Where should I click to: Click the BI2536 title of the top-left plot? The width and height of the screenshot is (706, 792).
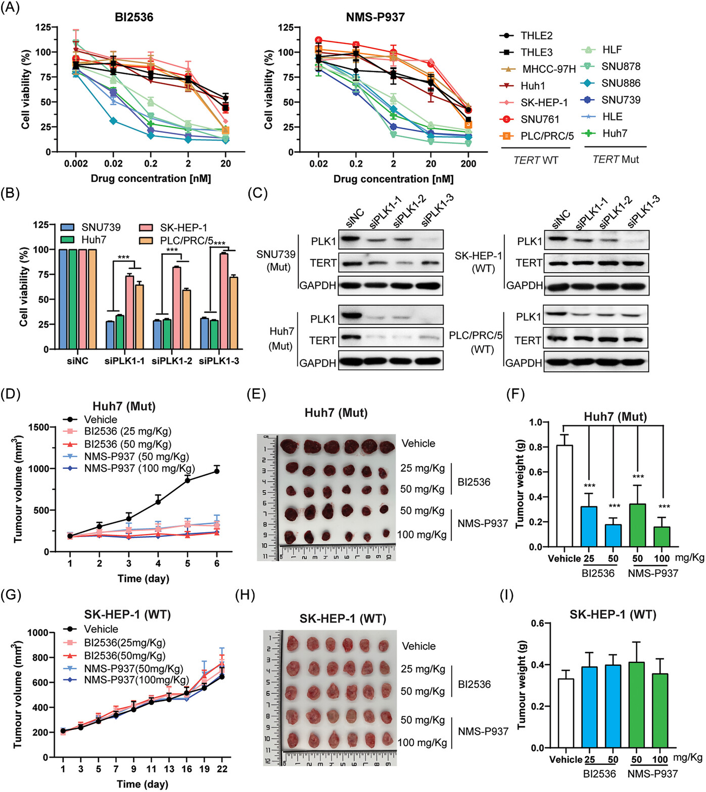coord(134,17)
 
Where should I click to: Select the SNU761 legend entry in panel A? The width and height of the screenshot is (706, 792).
coord(540,119)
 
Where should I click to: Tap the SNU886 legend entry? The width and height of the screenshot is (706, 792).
coord(621,83)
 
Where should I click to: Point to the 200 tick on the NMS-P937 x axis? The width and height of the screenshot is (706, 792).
coord(468,164)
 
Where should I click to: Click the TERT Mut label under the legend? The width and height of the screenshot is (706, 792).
coord(616,160)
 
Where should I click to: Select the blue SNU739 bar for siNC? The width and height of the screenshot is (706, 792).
coord(64,299)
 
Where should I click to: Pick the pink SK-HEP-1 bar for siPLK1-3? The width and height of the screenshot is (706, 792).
coord(223,301)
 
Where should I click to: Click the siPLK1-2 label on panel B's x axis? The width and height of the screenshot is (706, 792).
coord(172,361)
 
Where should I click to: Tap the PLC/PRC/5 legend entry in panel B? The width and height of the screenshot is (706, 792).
coord(186,240)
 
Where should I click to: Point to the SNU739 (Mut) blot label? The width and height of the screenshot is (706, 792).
coord(276,260)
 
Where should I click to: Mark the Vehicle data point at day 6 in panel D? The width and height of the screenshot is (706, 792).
coord(217,471)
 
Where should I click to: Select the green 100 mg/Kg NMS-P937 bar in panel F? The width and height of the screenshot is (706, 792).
coord(662,536)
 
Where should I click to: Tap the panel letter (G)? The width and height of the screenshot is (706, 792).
coord(11,595)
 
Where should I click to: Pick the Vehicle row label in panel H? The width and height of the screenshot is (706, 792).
coord(418,646)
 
